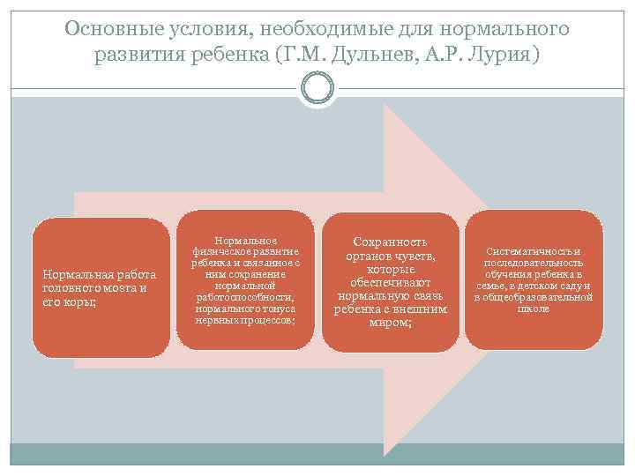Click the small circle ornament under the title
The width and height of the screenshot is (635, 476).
point(317,89)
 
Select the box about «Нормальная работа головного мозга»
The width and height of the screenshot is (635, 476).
point(101,287)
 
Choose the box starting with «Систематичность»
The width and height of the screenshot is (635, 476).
point(533,279)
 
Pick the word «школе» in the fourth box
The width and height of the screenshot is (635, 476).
point(534,309)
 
